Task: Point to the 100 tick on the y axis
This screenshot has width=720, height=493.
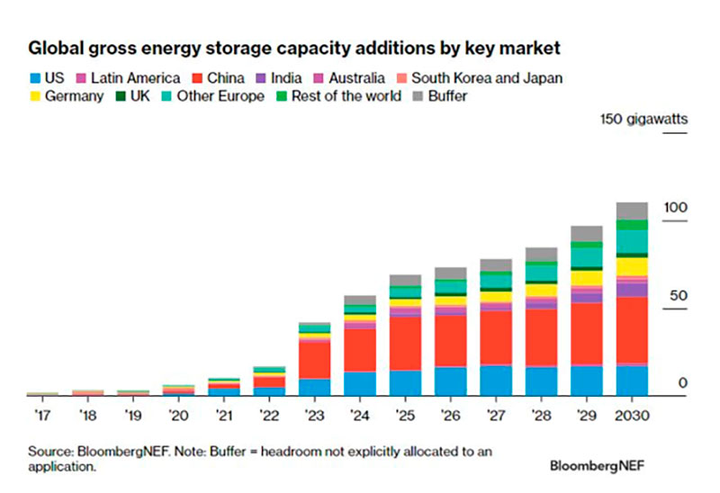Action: click(x=675, y=208)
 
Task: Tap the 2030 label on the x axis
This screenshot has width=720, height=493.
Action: click(x=631, y=417)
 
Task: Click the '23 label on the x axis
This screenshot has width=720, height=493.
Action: click(x=314, y=417)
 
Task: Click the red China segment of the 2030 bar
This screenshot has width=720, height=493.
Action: click(x=631, y=329)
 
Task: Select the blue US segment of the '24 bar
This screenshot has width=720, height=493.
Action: click(x=360, y=383)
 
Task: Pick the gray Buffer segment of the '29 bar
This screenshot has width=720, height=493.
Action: click(x=586, y=233)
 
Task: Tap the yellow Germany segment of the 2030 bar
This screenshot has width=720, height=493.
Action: click(x=631, y=266)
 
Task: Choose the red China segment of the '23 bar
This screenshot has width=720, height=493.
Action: click(x=314, y=359)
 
